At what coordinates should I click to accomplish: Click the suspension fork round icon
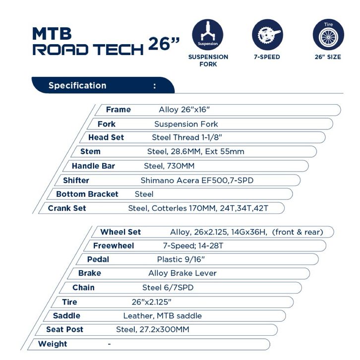tap(207, 35)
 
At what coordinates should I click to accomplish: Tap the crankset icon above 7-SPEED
tap(267, 35)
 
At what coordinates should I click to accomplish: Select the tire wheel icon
tap(328, 35)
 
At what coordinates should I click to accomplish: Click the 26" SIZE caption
tap(328, 57)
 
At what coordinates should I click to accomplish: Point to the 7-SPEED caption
tap(267, 57)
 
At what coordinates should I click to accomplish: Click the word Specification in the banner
tap(77, 85)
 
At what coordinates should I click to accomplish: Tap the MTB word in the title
tap(52, 33)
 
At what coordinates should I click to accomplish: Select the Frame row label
tap(119, 110)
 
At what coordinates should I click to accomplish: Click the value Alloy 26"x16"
tap(187, 110)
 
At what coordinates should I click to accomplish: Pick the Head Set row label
tap(106, 137)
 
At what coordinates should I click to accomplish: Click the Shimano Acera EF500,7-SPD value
tap(197, 180)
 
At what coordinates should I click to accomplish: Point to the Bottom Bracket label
tap(87, 194)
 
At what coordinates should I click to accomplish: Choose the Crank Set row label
tap(67, 208)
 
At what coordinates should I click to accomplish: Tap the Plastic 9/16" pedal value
tap(180, 259)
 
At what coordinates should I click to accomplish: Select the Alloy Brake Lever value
tap(182, 273)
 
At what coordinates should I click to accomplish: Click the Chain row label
tap(83, 287)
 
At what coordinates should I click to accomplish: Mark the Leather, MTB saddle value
tap(163, 315)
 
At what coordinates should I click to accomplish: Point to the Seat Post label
tap(65, 329)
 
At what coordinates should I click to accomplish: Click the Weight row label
tap(53, 344)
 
